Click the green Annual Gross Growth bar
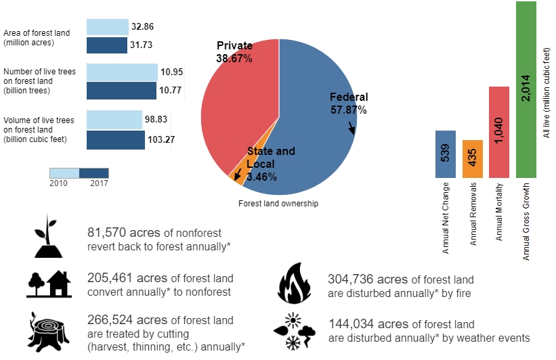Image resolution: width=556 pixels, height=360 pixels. point(526,89)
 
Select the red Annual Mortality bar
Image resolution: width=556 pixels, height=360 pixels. point(498,132)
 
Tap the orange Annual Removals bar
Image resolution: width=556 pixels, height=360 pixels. point(472,159)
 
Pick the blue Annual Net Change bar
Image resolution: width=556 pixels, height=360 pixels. point(445,154)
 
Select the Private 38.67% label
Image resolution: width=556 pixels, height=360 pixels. point(234,52)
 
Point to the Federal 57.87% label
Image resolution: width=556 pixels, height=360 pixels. point(348,103)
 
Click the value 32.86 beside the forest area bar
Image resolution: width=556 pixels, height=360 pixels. point(143,27)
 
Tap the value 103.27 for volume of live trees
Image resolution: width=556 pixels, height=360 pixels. point(161,140)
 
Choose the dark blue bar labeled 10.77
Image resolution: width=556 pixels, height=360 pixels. point(121,90)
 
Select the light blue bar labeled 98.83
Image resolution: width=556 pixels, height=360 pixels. point(114,120)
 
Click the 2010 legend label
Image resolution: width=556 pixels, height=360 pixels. point(59,182)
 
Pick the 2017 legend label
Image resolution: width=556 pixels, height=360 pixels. point(100,182)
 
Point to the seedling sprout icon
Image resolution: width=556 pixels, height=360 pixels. point(47,237)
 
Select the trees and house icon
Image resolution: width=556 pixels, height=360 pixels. point(49,284)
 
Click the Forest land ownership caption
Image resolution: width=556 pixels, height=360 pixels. point(278,203)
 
